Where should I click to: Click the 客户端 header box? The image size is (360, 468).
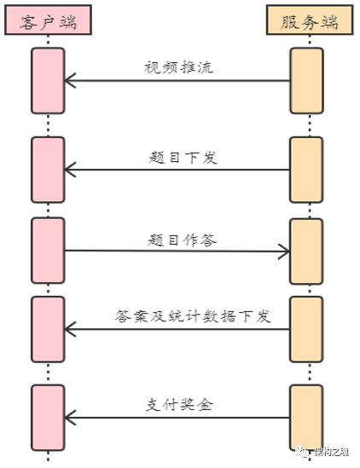point(48,21)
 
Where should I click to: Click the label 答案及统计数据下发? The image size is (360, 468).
point(192,316)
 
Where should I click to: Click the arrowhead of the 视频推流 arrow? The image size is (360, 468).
point(71,81)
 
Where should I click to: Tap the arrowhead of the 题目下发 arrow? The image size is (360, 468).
point(71,170)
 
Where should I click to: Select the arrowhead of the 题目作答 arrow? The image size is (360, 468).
point(284,251)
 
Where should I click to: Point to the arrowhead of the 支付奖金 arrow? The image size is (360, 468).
point(71,418)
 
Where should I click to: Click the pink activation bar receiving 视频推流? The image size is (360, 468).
point(48,81)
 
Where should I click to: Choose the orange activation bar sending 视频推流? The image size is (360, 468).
point(306,81)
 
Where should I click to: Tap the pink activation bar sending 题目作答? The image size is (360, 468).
point(48,251)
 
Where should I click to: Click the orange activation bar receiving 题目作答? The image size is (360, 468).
point(306,251)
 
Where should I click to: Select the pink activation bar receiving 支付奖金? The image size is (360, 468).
point(48,418)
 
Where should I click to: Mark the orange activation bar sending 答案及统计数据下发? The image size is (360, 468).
point(306,329)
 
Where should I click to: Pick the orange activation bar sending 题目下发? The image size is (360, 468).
point(306,170)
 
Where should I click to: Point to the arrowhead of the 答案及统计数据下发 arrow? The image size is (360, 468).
point(71,329)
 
